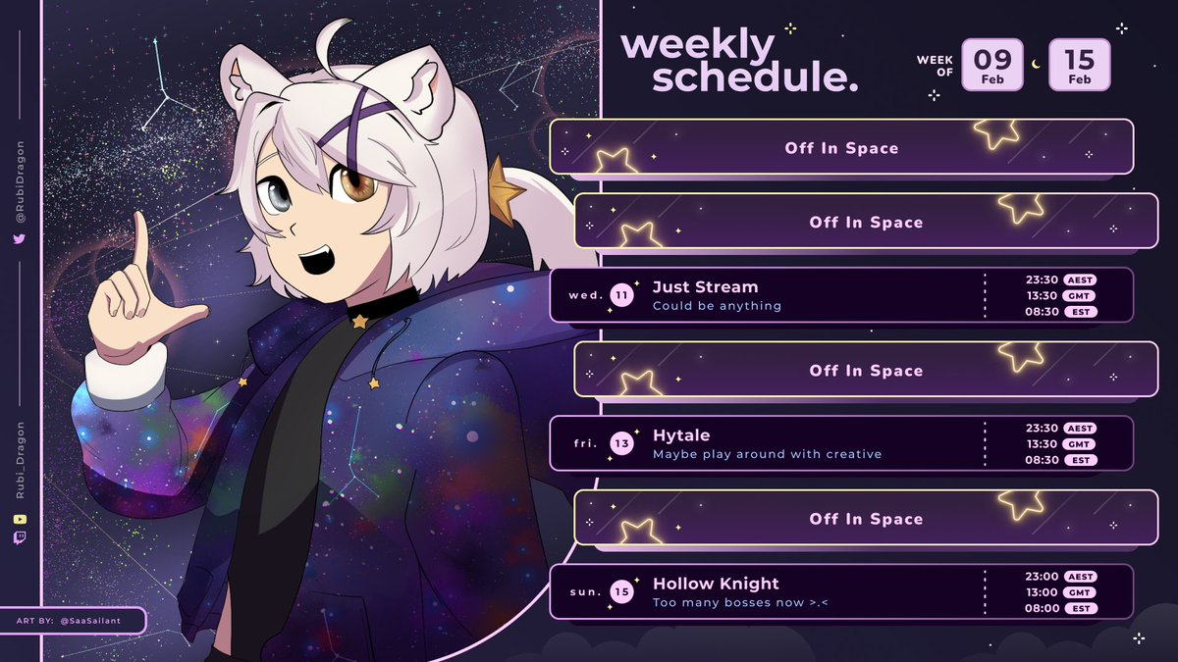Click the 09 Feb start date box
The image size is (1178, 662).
(992, 65)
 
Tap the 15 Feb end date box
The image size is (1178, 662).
(1080, 65)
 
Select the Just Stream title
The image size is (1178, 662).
(705, 287)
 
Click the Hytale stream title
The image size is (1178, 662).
(681, 435)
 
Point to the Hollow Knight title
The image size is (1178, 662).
(716, 584)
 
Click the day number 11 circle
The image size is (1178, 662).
(621, 295)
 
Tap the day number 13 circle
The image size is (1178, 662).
(621, 443)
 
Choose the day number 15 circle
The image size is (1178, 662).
(621, 591)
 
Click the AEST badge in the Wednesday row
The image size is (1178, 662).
(1080, 280)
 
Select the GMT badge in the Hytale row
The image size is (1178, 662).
(1080, 444)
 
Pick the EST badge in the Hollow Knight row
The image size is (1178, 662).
(1080, 608)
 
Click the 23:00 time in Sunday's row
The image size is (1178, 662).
(1042, 577)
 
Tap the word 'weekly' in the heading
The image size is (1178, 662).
(698, 45)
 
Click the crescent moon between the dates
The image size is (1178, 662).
(1036, 66)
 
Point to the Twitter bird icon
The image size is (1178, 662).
(20, 239)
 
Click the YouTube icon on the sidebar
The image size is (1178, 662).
(20, 519)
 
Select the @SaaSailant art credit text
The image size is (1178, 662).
(98, 621)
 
